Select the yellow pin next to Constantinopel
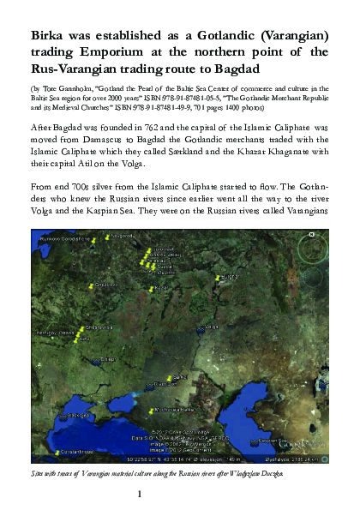57,452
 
